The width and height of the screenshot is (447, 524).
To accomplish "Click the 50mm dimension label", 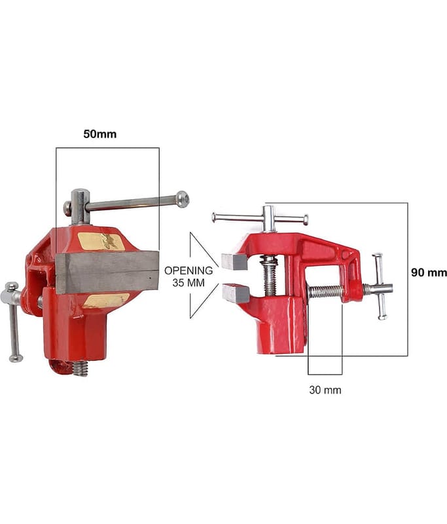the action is [100, 134].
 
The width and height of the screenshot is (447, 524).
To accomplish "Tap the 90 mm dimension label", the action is [429, 272].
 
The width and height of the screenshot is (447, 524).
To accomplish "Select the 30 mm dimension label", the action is [325, 390].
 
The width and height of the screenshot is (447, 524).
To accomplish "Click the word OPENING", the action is [188, 271].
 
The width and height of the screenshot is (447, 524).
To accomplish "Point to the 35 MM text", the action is [188, 283].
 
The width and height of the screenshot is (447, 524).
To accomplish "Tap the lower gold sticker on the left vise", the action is [106, 301].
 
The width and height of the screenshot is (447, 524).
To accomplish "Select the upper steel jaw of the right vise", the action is [234, 261].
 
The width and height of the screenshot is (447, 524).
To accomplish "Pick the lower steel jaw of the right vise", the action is [236, 293].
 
